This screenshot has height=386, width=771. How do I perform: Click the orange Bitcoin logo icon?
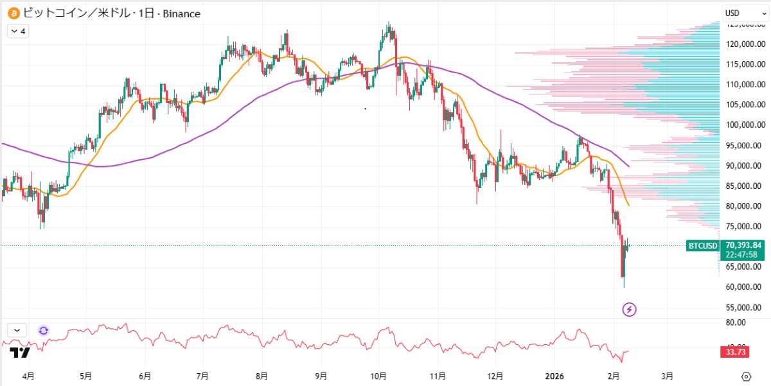(12, 12)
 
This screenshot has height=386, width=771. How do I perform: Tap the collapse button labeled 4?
(17, 30)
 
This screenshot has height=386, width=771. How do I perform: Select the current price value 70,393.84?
(743, 245)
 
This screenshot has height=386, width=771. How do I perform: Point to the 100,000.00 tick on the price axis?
(743, 125)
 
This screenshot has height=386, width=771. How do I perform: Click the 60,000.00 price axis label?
(743, 286)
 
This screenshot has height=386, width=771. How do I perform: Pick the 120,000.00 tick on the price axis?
(743, 44)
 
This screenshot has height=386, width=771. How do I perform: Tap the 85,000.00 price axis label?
(743, 186)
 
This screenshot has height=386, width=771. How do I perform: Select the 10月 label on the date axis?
(378, 375)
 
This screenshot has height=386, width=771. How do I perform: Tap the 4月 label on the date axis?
(29, 375)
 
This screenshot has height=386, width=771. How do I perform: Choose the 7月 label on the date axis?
(202, 375)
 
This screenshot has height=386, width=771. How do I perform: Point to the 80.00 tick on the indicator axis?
(736, 322)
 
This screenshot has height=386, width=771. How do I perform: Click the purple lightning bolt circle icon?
(630, 310)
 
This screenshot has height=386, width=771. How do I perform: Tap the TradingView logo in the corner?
(19, 352)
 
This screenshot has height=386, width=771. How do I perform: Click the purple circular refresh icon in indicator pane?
(43, 330)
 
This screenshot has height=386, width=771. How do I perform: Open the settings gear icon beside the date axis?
(746, 376)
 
